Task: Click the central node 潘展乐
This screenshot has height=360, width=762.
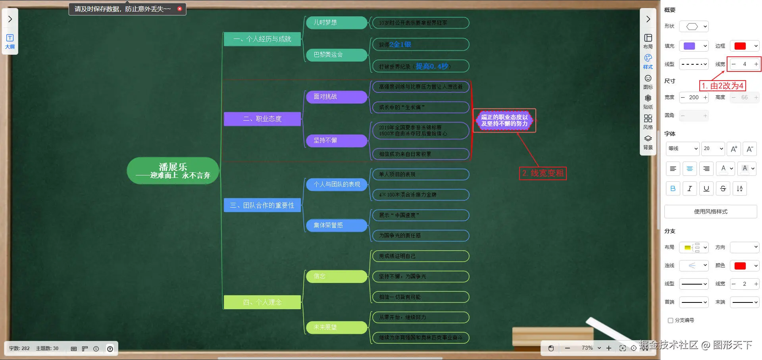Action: pos(173,171)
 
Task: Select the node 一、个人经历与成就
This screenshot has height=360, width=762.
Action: pos(262,39)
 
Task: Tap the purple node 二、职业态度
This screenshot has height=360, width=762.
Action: pos(262,119)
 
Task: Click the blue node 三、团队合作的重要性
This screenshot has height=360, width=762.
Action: pos(262,205)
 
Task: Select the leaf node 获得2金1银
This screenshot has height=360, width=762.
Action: pos(420,44)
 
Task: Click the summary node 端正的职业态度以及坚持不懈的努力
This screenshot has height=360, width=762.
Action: pos(504,121)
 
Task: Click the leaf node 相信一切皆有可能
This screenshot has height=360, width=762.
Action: pos(420,297)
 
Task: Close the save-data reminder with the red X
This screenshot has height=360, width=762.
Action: pos(179,9)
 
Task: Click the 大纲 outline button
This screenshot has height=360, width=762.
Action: pos(10,41)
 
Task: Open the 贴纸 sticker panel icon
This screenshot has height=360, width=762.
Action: pos(648,101)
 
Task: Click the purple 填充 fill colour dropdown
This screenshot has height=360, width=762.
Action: pos(693,46)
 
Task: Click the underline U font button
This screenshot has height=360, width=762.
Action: pos(706,189)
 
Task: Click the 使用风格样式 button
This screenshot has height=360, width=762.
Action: pos(710,212)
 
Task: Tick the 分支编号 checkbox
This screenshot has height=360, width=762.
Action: pos(670,320)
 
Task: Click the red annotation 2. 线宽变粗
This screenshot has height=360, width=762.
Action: pos(543,173)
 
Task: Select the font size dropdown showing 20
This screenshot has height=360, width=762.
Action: pos(713,148)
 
